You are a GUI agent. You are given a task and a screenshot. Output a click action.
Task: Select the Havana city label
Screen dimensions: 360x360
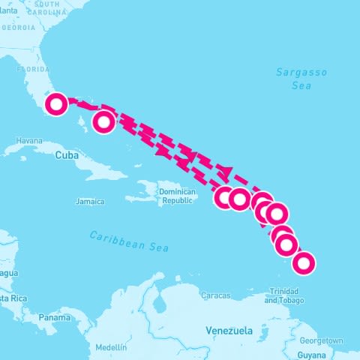click(x=29, y=140)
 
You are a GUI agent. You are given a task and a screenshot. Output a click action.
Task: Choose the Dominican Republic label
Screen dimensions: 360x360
click(x=177, y=196)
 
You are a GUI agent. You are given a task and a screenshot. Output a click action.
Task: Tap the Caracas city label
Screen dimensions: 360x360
click(x=215, y=295)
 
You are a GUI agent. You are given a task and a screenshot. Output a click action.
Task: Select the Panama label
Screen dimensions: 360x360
click(x=55, y=317)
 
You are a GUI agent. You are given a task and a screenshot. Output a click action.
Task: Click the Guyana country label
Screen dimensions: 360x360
click(x=312, y=354)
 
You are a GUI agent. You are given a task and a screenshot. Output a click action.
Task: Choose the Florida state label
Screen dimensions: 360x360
click(x=32, y=67)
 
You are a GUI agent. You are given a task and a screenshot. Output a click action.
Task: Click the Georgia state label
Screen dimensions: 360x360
click(x=18, y=27)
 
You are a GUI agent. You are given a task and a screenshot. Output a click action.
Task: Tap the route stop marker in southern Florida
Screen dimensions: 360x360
click(x=56, y=103)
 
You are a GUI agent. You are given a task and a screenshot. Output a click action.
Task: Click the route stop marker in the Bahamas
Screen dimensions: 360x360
click(x=104, y=120)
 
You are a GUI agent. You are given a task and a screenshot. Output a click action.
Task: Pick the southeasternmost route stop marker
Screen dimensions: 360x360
click(x=304, y=263)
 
